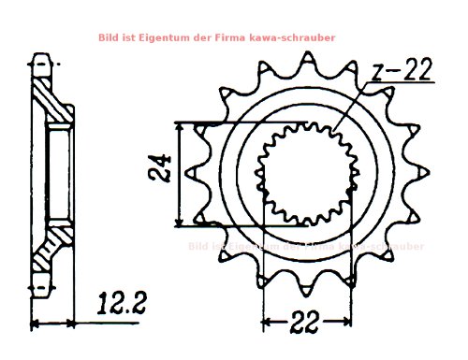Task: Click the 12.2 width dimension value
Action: coord(121,302)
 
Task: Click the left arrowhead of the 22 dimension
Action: coord(266,323)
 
